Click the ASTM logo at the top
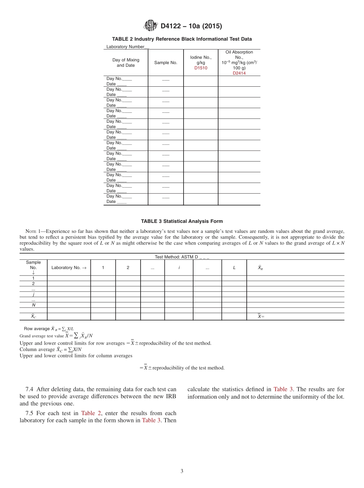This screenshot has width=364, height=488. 150,26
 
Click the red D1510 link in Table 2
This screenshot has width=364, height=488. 201,68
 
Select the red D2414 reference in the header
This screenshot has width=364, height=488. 239,73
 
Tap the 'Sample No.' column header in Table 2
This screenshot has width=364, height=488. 166,63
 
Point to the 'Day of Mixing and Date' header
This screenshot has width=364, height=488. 126,63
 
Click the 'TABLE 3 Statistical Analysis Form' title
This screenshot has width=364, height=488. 182,221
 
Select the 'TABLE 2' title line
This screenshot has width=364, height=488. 182,39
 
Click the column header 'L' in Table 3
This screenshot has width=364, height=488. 234,268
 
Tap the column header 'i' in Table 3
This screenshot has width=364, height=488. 179,268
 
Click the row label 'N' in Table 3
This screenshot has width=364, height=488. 33,305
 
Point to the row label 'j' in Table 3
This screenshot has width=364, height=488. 33,294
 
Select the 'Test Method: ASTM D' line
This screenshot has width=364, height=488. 182,257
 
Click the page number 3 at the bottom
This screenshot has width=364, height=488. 182,471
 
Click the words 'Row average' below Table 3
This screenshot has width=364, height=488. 37,329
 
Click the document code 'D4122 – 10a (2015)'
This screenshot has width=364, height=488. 191,26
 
